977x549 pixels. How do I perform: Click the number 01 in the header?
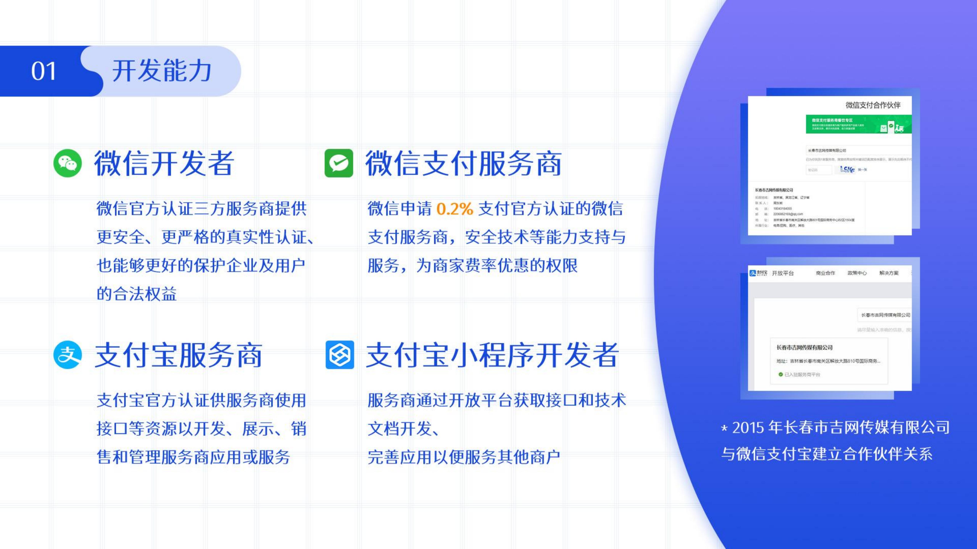click(44, 71)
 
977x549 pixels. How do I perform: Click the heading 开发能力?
click(162, 71)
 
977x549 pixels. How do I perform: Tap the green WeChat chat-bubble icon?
click(68, 163)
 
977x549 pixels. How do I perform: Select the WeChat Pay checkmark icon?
click(339, 163)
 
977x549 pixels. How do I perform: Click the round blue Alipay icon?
click(68, 355)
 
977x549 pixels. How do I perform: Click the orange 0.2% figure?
click(454, 209)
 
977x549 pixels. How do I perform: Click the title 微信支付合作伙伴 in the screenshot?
click(873, 105)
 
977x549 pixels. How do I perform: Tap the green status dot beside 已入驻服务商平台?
click(780, 374)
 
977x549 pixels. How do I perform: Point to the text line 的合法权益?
click(137, 294)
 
